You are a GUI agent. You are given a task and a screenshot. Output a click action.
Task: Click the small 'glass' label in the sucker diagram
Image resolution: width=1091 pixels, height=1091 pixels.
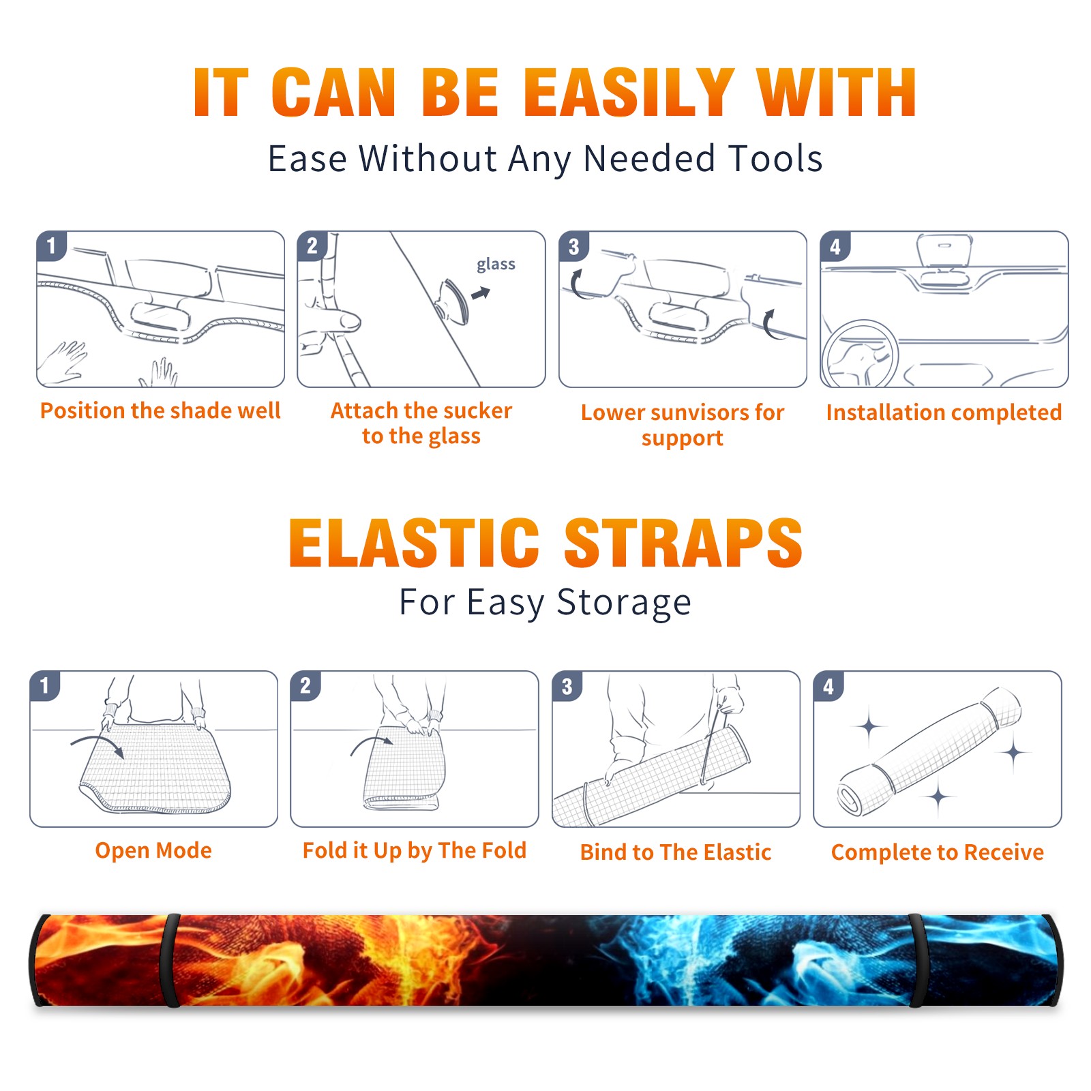(x=496, y=265)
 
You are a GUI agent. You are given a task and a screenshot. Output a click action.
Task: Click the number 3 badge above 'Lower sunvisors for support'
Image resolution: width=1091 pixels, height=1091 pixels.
(x=573, y=247)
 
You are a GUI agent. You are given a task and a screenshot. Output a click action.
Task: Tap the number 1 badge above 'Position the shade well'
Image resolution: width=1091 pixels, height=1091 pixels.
(x=52, y=245)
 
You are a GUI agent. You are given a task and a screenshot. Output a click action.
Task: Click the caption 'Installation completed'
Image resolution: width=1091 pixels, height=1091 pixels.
(x=944, y=412)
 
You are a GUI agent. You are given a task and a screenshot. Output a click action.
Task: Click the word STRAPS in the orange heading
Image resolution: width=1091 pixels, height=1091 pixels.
(x=683, y=543)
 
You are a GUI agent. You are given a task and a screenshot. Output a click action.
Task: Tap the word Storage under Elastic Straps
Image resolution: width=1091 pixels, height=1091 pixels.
(x=624, y=603)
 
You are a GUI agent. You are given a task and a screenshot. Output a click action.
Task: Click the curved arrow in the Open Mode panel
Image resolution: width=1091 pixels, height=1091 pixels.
(x=98, y=744)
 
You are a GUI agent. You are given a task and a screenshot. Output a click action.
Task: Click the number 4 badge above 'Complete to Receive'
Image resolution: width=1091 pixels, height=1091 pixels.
(x=828, y=686)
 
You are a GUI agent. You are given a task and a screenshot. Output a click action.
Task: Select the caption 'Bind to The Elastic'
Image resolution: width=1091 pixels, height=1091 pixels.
(x=676, y=852)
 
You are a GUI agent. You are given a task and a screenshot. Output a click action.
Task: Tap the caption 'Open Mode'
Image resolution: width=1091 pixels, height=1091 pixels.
(x=153, y=850)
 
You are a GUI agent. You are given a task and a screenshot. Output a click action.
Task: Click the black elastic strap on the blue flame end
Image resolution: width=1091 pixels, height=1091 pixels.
(x=916, y=960)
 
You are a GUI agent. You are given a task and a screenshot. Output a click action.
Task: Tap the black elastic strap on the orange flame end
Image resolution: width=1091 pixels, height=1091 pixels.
(x=170, y=960)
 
